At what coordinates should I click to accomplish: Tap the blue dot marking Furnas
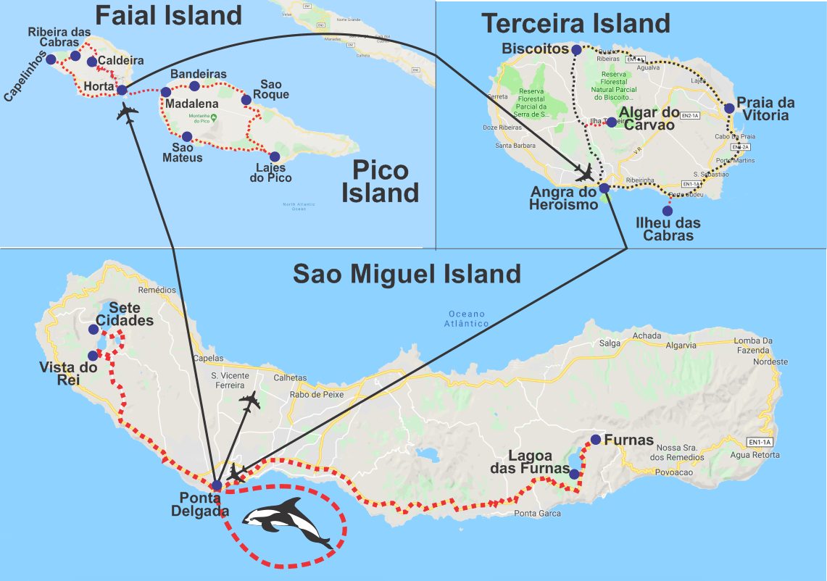(x=595, y=439)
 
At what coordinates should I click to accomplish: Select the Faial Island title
(x=168, y=15)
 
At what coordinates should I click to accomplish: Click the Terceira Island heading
(x=576, y=23)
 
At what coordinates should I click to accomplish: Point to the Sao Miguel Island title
(x=407, y=274)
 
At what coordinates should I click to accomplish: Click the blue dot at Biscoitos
(x=576, y=50)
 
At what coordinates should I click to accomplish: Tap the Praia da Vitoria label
(x=765, y=109)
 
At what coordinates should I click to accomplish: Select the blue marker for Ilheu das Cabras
(x=667, y=211)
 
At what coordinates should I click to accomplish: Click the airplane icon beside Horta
(x=128, y=112)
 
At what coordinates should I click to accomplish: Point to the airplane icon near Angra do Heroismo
(x=583, y=173)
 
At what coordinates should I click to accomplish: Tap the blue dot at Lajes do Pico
(x=274, y=156)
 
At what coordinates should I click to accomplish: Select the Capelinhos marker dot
(x=51, y=59)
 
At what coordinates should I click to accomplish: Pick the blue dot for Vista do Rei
(x=93, y=356)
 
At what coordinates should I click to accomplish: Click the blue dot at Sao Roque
(x=246, y=99)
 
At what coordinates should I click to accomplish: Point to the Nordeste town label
(x=770, y=361)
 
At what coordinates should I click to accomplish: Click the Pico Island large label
(x=381, y=182)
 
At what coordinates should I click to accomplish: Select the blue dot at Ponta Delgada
(x=216, y=485)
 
